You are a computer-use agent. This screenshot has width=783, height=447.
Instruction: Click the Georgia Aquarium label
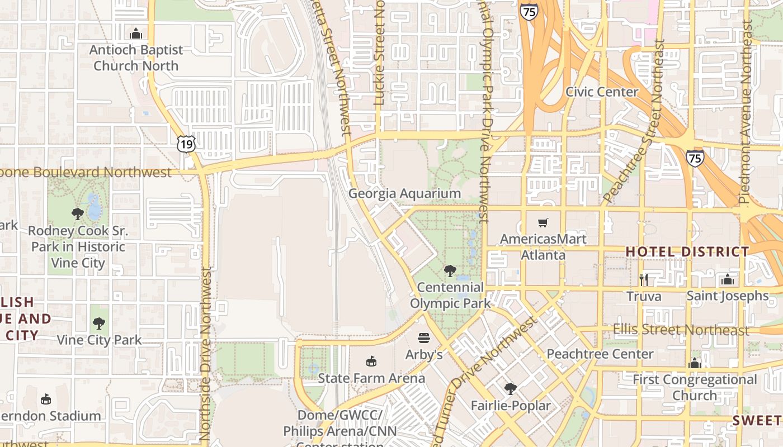(404, 194)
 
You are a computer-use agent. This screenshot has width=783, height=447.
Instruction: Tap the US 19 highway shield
(186, 144)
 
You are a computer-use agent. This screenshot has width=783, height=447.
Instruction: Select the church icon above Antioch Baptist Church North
(136, 34)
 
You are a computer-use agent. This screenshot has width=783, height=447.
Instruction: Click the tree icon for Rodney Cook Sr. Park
(78, 213)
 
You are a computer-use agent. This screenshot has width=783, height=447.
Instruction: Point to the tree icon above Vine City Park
(99, 323)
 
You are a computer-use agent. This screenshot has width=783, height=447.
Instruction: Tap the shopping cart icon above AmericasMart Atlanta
(543, 223)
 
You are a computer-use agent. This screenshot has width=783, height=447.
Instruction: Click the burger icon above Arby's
(424, 338)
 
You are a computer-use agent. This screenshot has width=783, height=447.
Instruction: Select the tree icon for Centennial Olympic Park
(450, 271)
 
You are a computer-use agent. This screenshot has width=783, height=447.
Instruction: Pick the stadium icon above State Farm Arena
(371, 361)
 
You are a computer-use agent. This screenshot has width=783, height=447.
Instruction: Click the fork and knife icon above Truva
(643, 279)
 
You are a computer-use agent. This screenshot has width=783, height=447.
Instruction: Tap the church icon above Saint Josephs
(727, 279)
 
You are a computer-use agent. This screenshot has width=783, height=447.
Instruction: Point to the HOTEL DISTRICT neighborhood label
(687, 252)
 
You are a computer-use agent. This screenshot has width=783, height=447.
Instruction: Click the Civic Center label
(602, 92)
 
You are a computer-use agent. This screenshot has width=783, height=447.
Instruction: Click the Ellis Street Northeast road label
(681, 330)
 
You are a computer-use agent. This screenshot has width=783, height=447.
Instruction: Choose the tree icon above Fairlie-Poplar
(510, 389)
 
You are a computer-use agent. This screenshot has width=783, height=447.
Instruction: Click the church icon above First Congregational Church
(695, 364)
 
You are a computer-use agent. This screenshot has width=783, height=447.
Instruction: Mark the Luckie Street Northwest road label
(380, 53)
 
